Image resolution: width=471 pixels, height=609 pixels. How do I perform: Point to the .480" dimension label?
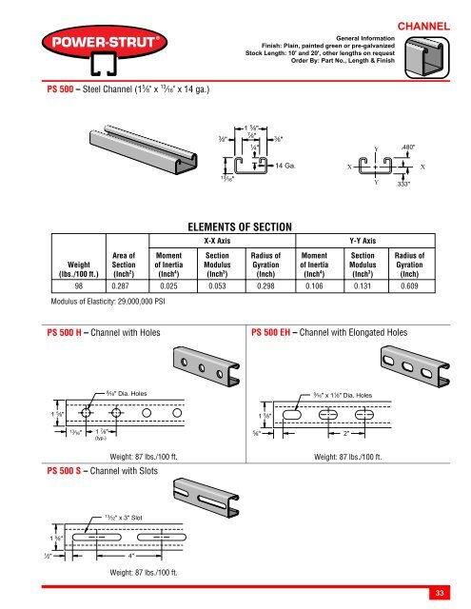coord(415,147)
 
